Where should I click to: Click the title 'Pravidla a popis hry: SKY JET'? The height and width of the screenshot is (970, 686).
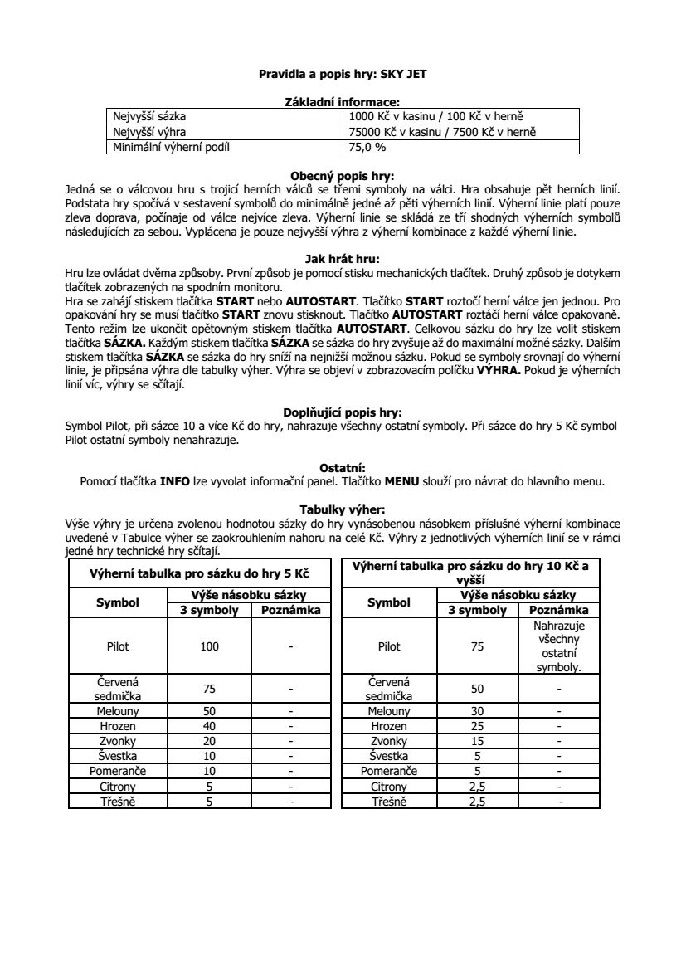[343, 74]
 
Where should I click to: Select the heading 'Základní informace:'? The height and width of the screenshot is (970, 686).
[343, 101]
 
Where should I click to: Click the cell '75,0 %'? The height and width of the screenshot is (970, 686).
[367, 147]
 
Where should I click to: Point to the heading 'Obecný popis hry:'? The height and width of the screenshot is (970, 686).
[343, 176]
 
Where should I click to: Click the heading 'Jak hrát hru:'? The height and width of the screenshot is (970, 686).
[343, 258]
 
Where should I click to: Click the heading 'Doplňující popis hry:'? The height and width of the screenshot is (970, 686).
[343, 412]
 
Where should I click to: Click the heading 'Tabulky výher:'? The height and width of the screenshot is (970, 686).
[343, 509]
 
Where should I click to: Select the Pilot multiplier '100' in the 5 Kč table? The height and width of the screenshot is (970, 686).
[210, 646]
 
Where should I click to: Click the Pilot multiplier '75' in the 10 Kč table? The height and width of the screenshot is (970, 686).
[477, 646]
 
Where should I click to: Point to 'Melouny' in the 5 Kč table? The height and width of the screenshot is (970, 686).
[118, 711]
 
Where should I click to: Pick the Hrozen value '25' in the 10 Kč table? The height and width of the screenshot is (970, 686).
[477, 726]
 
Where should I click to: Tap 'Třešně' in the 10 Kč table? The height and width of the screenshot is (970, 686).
[389, 802]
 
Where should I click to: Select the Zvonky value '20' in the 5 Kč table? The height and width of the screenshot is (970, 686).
[210, 741]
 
